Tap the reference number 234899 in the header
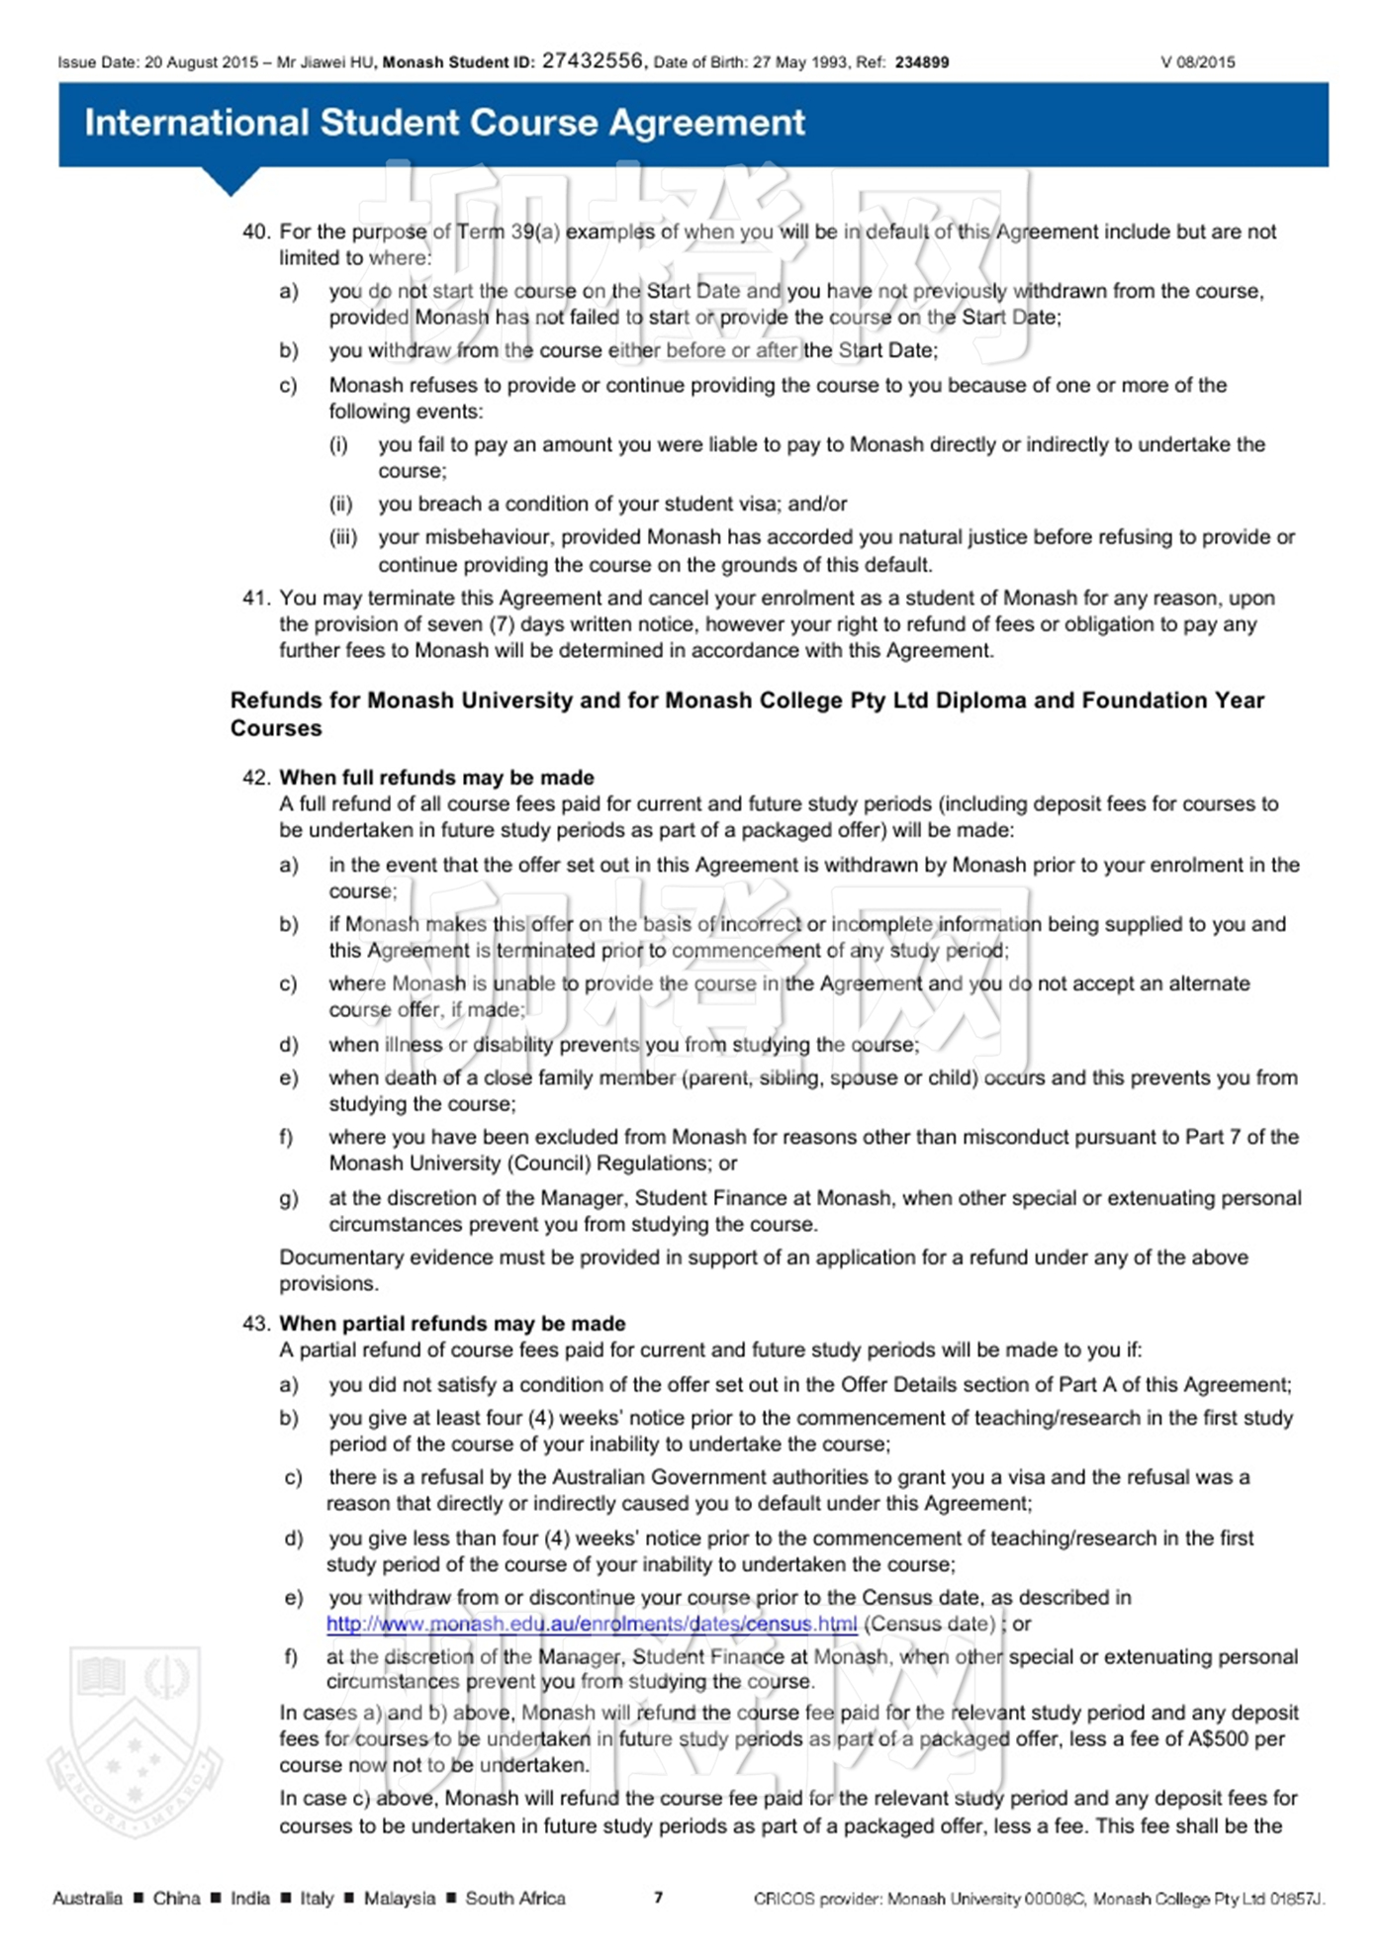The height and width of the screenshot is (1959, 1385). pyautogui.click(x=921, y=62)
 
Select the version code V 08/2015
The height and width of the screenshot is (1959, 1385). pyautogui.click(x=1197, y=62)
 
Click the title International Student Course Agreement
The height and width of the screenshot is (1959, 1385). pyautogui.click(x=444, y=123)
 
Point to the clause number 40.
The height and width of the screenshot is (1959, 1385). pyautogui.click(x=256, y=232)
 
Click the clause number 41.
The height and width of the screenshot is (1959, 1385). pyautogui.click(x=256, y=598)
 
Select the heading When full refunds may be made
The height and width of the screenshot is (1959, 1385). pyautogui.click(x=436, y=778)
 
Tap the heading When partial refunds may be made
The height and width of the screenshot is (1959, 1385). pyautogui.click(x=452, y=1324)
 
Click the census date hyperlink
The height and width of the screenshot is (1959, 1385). pyautogui.click(x=592, y=1624)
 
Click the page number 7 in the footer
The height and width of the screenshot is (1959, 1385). pyautogui.click(x=658, y=1897)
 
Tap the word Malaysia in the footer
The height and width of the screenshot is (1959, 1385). pyautogui.click(x=399, y=1898)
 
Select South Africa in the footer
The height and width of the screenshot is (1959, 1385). pyautogui.click(x=515, y=1898)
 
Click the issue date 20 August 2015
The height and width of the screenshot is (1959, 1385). pyautogui.click(x=201, y=62)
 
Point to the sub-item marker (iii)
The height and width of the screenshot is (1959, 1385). pyautogui.click(x=342, y=537)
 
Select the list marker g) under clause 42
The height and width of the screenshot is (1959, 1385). pyautogui.click(x=288, y=1198)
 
